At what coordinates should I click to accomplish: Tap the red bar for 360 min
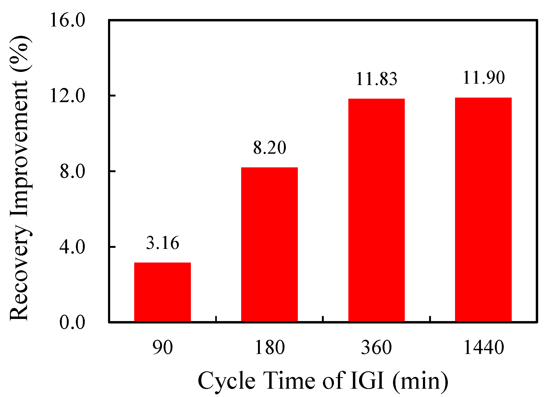coord(376,210)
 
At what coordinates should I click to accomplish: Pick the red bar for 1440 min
coord(483,209)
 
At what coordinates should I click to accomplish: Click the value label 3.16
coord(162,243)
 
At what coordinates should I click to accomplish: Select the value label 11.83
coord(376,79)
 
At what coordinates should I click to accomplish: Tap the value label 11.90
coord(483,78)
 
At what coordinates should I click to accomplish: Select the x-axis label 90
coord(162,348)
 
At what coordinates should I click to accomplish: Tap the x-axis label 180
coord(269,348)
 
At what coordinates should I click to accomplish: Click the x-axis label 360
coord(376,348)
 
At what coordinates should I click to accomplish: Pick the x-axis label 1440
coord(483,348)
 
